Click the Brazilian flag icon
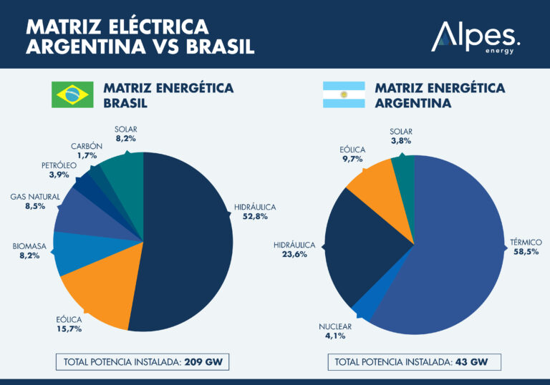[72, 94]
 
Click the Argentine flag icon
[344, 94]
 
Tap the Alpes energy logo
[475, 37]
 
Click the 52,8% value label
[254, 218]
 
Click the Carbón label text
[86, 146]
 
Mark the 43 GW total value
[471, 362]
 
